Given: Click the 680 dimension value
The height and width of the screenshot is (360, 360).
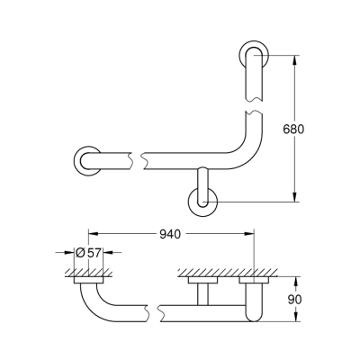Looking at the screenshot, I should pos(305,130).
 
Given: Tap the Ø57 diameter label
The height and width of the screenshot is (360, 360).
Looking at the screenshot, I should pos(88,252).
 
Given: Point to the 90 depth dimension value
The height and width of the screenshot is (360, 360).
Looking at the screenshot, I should pos(307,297).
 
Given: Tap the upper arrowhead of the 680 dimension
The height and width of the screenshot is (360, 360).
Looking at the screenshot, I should pos(294,60).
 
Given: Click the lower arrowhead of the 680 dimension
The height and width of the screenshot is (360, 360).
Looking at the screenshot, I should pos(294,198).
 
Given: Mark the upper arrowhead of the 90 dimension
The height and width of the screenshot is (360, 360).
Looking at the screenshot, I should pos(294,282).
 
